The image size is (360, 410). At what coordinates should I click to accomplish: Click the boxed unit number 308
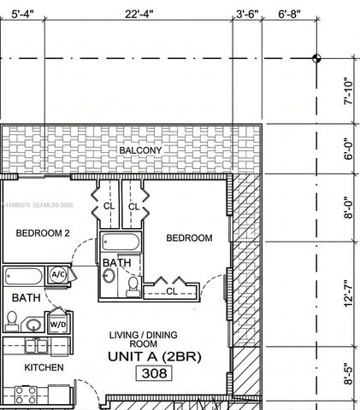pyautogui.click(x=154, y=373)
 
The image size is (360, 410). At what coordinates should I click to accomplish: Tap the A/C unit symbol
pyautogui.click(x=58, y=275)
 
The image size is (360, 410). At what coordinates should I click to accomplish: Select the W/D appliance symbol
pyautogui.click(x=58, y=325)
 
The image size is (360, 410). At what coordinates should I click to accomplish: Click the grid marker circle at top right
pyautogui.click(x=316, y=58)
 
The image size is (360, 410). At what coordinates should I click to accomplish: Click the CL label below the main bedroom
pyautogui.click(x=171, y=291)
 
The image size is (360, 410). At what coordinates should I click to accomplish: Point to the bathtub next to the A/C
pyautogui.click(x=24, y=276)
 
